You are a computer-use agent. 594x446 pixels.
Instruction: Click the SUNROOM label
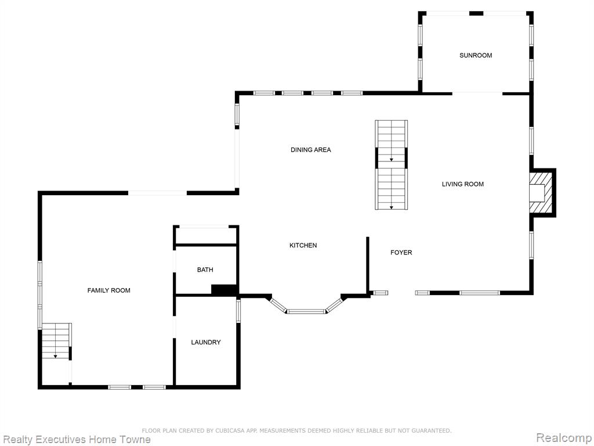pos(476,55)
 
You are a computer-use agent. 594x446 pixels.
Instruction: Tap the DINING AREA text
pos(311,150)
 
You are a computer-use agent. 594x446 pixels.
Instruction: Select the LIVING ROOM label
pos(462,184)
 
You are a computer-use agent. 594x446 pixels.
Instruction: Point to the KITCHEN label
pos(303,246)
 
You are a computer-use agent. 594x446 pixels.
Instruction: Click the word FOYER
pos(401,252)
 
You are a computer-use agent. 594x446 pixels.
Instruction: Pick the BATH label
pos(205,269)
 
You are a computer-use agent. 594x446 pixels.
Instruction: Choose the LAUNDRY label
pos(206,342)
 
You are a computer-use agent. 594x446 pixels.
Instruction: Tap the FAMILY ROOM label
pos(108,290)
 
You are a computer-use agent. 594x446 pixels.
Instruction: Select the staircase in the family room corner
pos(56,341)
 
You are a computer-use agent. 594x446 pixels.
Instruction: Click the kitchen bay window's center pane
pos(306,312)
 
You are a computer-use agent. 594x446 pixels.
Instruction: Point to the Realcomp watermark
pos(564,438)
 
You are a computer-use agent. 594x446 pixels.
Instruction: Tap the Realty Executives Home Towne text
pos(77,440)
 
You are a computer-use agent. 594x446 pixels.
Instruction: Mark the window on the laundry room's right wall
pos(238,311)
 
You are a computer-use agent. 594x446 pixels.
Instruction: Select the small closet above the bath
pos(206,236)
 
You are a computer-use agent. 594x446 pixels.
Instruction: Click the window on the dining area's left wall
pos(237,115)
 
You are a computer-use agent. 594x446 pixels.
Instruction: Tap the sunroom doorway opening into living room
pos(477,93)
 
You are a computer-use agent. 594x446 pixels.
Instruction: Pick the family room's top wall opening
pos(157,193)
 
